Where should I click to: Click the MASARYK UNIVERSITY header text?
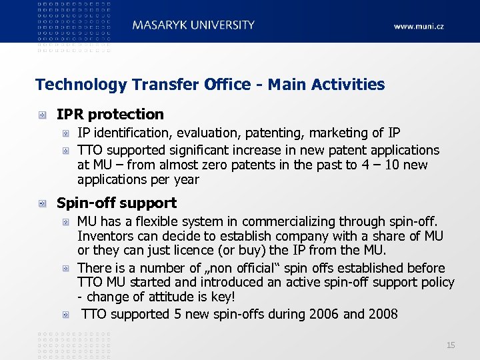coord(193,25)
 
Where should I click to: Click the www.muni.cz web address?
coord(418,27)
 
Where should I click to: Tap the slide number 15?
coord(451,345)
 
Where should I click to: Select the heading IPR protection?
coord(110,115)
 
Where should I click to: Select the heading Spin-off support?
coord(117,203)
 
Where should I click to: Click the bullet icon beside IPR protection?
coord(43,115)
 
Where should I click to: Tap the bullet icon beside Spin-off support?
coord(43,203)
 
